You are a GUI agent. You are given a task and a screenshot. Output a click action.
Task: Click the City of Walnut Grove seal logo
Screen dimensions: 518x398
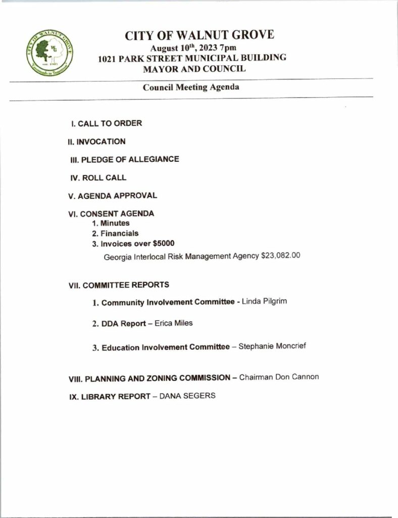click(x=49, y=52)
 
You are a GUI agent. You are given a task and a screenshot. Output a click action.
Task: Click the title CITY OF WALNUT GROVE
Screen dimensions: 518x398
click(x=200, y=35)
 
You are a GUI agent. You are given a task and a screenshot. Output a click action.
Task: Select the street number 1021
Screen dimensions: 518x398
click(x=108, y=58)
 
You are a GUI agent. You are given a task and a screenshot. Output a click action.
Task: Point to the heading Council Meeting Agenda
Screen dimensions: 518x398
click(x=191, y=87)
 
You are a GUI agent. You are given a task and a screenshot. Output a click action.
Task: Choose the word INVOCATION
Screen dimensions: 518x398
click(x=100, y=142)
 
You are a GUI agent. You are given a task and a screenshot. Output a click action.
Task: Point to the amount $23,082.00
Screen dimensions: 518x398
click(x=280, y=256)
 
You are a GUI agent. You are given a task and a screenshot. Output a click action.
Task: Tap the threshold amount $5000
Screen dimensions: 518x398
click(x=164, y=243)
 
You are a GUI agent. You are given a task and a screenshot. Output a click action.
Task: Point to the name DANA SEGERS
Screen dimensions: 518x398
click(x=187, y=396)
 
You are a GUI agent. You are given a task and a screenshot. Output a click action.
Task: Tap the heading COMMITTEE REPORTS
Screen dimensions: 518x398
click(x=126, y=285)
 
